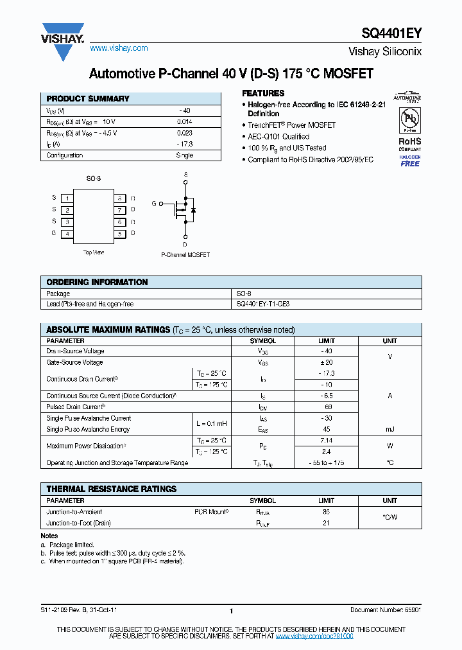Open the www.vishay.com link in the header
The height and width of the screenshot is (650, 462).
pos(119,48)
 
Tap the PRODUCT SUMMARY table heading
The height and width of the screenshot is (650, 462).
pos(88,99)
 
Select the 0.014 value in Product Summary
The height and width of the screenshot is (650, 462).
pos(184,121)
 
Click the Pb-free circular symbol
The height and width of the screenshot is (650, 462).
pos(409,120)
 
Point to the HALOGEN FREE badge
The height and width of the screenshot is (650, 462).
pos(409,161)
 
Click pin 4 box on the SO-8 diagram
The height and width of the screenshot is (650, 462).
pos(67,234)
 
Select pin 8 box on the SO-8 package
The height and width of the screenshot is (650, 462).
pos(119,198)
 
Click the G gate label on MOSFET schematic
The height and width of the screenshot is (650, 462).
pos(154,204)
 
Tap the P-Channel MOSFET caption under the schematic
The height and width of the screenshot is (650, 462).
pos(185,255)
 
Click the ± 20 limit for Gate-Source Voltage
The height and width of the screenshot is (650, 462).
pos(326,363)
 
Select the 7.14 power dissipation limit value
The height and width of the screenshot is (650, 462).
pos(326,441)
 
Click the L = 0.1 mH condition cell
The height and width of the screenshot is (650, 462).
pos(211,423)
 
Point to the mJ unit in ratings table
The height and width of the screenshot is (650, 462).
pos(389,429)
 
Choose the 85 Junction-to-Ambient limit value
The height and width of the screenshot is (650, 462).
pos(326,512)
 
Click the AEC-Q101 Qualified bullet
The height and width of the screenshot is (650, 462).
pos(278,137)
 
